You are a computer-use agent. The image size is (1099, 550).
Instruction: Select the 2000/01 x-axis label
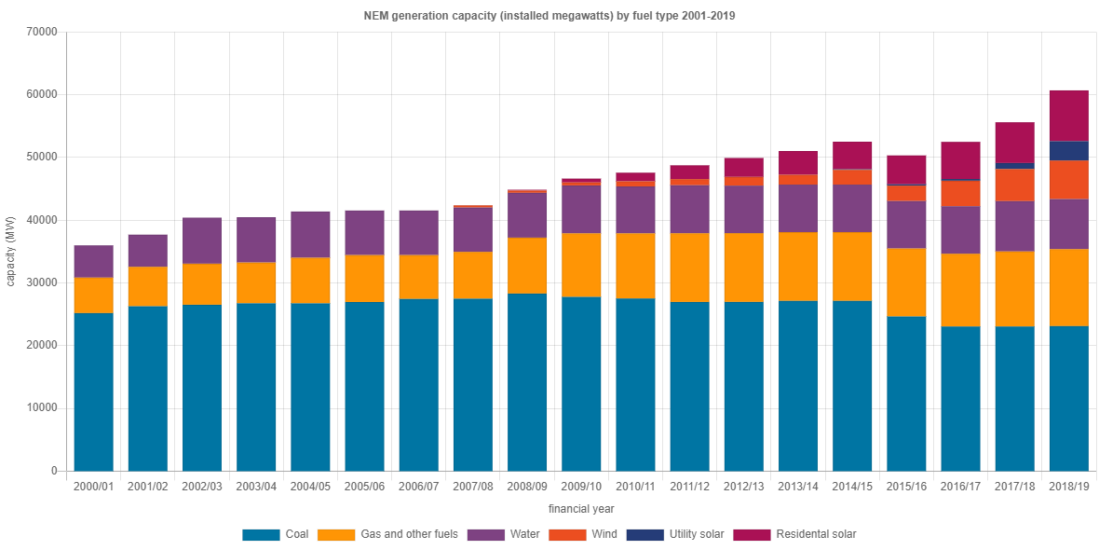click(x=93, y=487)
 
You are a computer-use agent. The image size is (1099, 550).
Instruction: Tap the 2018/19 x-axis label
click(x=1068, y=487)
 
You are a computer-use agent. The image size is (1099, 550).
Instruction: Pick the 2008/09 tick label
click(x=527, y=487)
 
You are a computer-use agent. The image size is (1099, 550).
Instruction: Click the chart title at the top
click(x=549, y=16)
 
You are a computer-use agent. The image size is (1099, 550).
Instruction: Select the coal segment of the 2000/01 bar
click(x=93, y=392)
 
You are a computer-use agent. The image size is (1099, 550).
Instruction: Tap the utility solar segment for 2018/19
click(x=1068, y=151)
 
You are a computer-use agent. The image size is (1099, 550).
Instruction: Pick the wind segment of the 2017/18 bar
click(x=1014, y=185)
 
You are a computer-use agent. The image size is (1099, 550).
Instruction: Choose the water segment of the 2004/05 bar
click(x=310, y=234)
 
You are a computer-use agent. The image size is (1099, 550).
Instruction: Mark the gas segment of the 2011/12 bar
click(x=689, y=268)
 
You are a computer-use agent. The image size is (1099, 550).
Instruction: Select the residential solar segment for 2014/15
click(x=852, y=156)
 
